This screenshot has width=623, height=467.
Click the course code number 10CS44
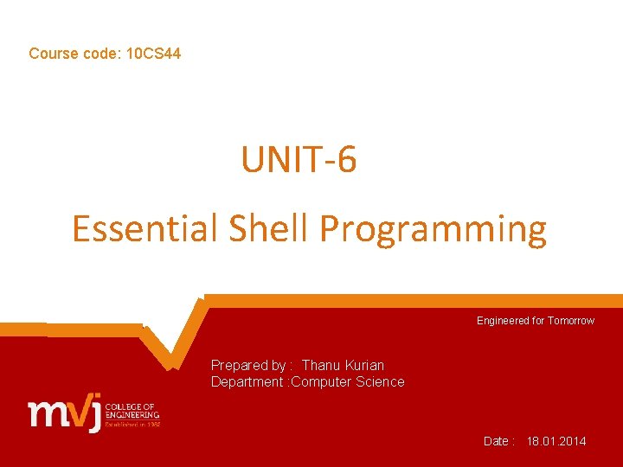pos(153,54)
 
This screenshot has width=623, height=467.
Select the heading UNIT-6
pos(299,160)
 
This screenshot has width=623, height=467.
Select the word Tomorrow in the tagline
pos(572,321)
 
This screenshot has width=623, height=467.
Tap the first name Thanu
pos(321,366)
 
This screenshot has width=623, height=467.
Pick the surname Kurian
pos(364,366)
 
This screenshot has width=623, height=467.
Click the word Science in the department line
pos(380,382)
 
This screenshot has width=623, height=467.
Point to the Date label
pos(498,441)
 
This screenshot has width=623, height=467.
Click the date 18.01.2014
pos(556,441)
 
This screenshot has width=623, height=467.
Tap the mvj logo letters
pos(65,413)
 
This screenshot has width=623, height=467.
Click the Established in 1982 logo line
pos(132,424)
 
